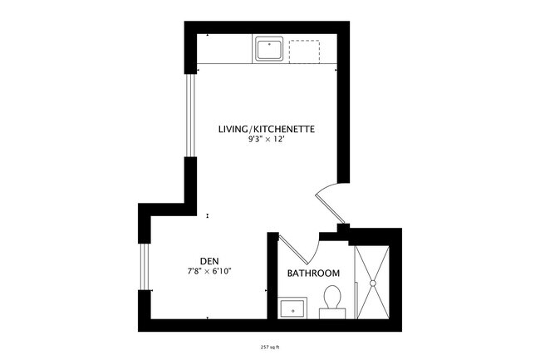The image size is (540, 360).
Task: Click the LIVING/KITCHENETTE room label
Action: (265, 130)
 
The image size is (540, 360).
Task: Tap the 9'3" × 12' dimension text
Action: (265, 141)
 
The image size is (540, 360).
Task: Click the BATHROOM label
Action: (313, 274)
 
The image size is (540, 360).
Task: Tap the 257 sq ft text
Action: (270, 346)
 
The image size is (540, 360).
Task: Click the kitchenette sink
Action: (269, 49)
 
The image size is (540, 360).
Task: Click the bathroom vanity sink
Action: (292, 309)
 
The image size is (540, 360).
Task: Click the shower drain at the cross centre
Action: (374, 284)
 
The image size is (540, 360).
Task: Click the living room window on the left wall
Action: (189, 116)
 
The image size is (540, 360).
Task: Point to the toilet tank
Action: (332, 312)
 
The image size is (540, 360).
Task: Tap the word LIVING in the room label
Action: (232, 130)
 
